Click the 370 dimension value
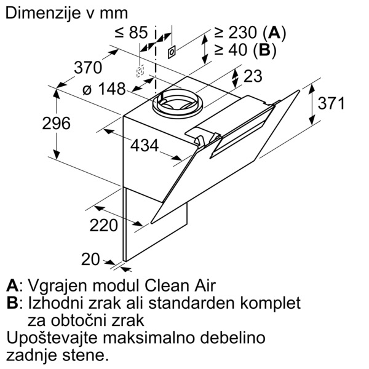88,68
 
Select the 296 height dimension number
56,123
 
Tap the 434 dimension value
145,145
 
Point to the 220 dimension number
103,225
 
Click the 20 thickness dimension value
90,260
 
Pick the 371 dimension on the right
331,103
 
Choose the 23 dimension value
253,76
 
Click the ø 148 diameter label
104,89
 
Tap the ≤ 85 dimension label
132,32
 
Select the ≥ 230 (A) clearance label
250,32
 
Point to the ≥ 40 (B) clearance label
245,50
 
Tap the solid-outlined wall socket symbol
172,52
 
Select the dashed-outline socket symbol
140,71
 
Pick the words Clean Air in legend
180,286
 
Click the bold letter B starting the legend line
12,303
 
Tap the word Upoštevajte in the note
52,338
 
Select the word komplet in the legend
270,304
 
